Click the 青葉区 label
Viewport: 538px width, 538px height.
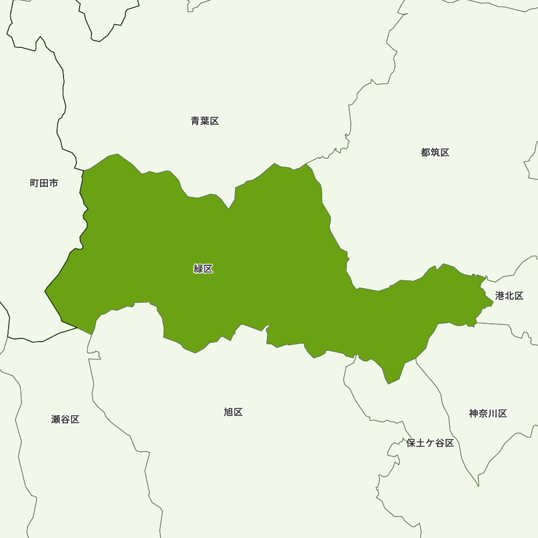(x=205, y=121)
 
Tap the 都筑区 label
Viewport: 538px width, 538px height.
(x=435, y=152)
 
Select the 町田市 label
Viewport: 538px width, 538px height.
(x=44, y=183)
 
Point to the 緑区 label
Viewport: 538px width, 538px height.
(x=203, y=269)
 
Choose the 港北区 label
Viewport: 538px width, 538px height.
(x=509, y=296)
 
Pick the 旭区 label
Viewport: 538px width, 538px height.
(x=233, y=412)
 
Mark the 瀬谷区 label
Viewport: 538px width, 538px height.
(x=66, y=419)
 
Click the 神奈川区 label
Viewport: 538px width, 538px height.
(x=488, y=414)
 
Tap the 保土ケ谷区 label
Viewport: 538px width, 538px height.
(x=430, y=443)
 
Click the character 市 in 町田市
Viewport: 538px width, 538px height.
(x=54, y=183)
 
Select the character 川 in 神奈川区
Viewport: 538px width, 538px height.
(x=493, y=414)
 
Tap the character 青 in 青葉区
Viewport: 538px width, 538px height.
(x=196, y=121)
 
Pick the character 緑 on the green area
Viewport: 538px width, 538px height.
(x=199, y=269)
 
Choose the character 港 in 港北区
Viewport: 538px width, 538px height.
(x=500, y=296)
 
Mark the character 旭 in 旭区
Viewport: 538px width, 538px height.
(x=229, y=412)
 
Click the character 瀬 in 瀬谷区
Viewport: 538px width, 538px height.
(x=56, y=419)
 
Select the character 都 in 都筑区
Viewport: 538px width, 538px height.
(x=426, y=152)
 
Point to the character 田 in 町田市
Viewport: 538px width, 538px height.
(x=44, y=183)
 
